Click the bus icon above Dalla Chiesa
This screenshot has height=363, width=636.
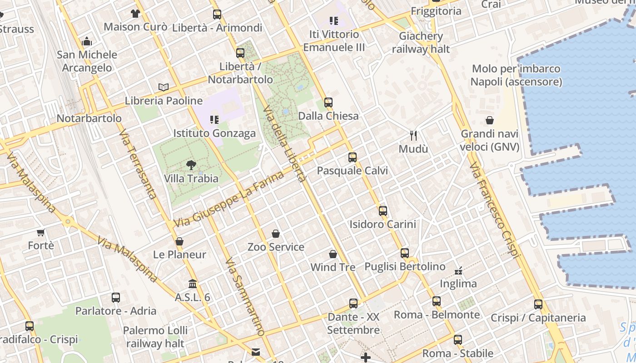pos(328,103)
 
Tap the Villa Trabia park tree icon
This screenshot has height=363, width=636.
pos(191,165)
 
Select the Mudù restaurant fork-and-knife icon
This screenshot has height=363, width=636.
pos(413,135)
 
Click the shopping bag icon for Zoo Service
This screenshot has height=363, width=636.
pos(276,234)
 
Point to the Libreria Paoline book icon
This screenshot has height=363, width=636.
pos(164,87)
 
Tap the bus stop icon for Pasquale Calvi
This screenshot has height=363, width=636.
pos(353,157)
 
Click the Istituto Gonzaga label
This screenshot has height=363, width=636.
pos(214,133)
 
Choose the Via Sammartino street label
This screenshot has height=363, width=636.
pos(244,297)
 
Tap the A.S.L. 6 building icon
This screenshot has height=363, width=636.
pos(193,284)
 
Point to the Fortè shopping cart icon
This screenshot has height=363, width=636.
pos(40,233)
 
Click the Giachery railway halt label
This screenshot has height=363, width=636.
pos(421,43)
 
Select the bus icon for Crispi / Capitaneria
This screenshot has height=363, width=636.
pos(538,304)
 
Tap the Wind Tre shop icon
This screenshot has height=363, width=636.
pos(333,254)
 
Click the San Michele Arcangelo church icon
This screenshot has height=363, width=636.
pos(87,42)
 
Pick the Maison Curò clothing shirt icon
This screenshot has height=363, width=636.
pos(135,14)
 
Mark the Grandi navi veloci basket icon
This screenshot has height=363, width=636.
pos(490,120)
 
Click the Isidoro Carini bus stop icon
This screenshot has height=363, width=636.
pos(383,211)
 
